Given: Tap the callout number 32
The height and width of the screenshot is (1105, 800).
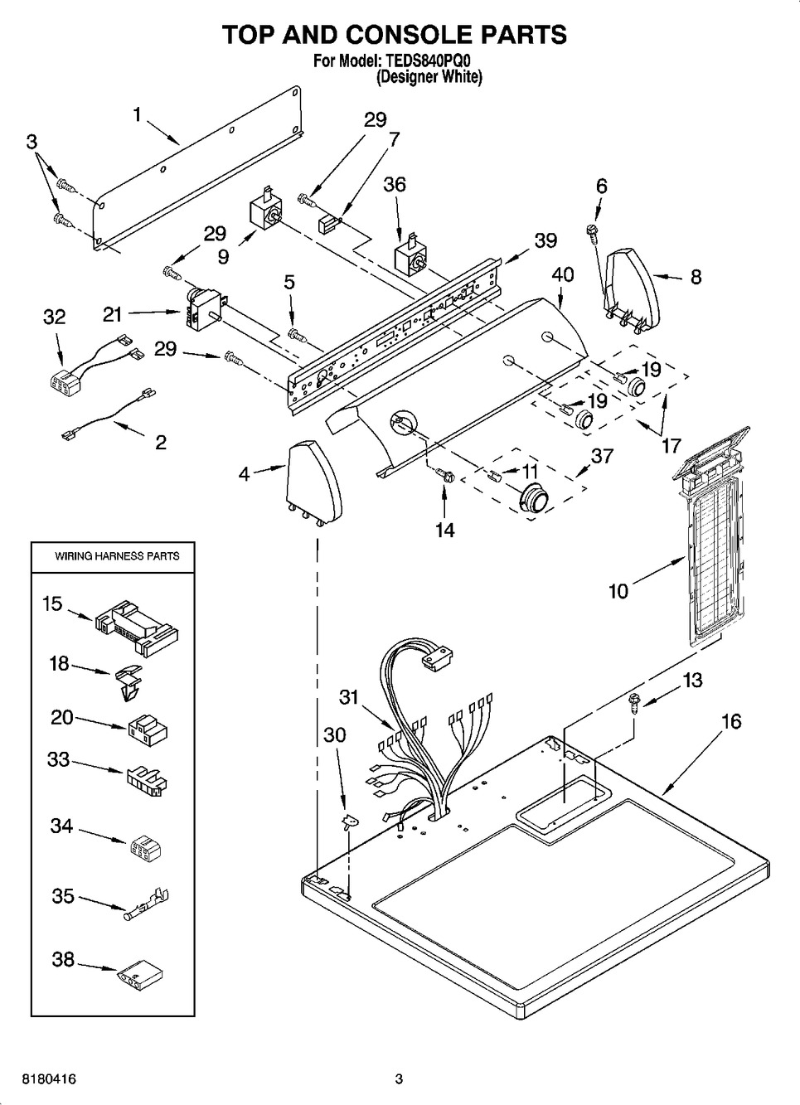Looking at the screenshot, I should point(55,317).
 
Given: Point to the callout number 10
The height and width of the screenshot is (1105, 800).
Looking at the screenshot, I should point(618,591).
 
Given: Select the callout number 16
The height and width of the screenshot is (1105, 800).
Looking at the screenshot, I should point(731,721).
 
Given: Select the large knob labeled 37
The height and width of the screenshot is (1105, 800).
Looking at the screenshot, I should point(531,500).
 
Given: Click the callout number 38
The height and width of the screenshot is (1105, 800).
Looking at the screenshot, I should point(63,959).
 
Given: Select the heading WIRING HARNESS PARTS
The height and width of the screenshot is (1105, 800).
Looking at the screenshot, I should point(117,556).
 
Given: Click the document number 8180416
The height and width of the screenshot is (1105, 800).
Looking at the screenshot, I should point(39,1079).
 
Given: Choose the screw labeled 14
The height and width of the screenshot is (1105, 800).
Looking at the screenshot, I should point(445,476).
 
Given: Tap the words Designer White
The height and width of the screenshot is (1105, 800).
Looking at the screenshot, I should point(429,77).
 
